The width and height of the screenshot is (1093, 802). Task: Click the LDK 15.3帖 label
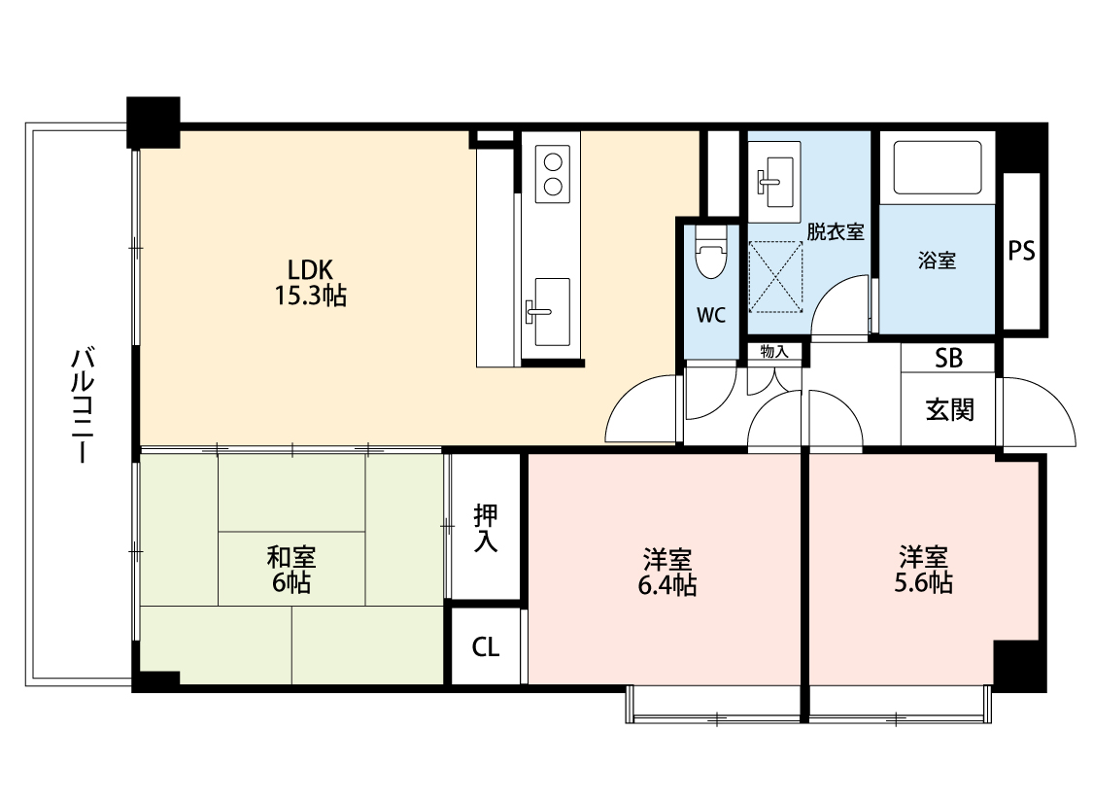(x=309, y=282)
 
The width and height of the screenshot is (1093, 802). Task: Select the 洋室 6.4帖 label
(x=666, y=572)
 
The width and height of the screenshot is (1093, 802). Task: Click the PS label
(x=1020, y=252)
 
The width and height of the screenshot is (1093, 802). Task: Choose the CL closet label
(x=486, y=647)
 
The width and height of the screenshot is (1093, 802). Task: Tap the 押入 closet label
(x=486, y=529)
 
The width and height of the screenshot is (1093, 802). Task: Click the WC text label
(x=710, y=315)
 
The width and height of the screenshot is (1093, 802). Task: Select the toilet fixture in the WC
(x=709, y=258)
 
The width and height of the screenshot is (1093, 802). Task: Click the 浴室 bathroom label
(x=937, y=261)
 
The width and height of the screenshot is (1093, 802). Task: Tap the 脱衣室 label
(x=835, y=232)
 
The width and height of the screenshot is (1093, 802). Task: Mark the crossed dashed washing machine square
(x=776, y=277)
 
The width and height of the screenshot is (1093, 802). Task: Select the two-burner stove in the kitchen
(x=551, y=172)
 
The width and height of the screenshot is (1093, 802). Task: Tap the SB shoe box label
(x=948, y=358)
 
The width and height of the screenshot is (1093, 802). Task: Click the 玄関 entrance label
(x=948, y=409)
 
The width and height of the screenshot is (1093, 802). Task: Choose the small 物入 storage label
(x=774, y=351)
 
